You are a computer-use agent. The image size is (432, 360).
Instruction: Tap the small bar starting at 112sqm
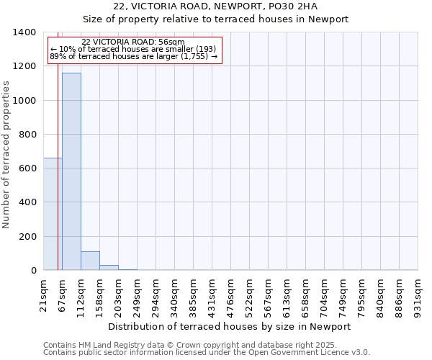pyautogui.click(x=90, y=261)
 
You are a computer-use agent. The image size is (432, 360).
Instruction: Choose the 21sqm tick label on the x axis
pyautogui.click(x=44, y=294)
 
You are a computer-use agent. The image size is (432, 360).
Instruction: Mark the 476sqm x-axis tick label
pyautogui.click(x=231, y=294)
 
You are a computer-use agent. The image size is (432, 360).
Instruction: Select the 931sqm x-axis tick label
pyautogui.click(x=418, y=294)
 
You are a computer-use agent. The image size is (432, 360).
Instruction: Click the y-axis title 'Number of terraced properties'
pyautogui.click(x=6, y=154)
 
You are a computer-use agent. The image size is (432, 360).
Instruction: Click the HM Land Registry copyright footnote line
pyautogui.click(x=190, y=345)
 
